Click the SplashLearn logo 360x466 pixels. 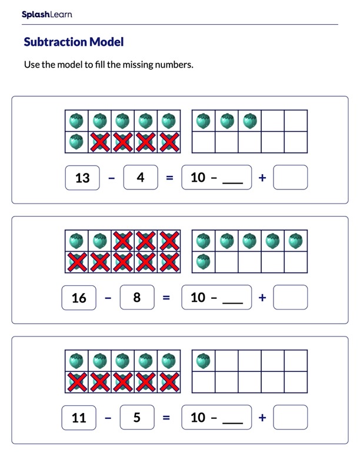tap(46, 15)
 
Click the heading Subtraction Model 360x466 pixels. tap(74, 42)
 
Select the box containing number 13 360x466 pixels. tap(83, 178)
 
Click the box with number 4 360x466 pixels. tap(141, 178)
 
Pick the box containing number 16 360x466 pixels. tap(79, 298)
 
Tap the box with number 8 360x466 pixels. tap(136, 298)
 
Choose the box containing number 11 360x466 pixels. tap(79, 418)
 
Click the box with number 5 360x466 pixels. tap(136, 418)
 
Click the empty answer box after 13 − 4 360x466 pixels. tap(290, 178)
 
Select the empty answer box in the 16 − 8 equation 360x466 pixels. tap(290, 298)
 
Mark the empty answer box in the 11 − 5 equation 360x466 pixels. tap(290, 418)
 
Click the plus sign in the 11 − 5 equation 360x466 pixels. tap(262, 418)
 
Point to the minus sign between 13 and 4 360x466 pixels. tap(112, 178)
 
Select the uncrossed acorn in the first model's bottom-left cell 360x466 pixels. tap(76, 142)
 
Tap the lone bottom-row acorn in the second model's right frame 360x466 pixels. tap(204, 262)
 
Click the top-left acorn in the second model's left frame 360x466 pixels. tap(76, 241)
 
